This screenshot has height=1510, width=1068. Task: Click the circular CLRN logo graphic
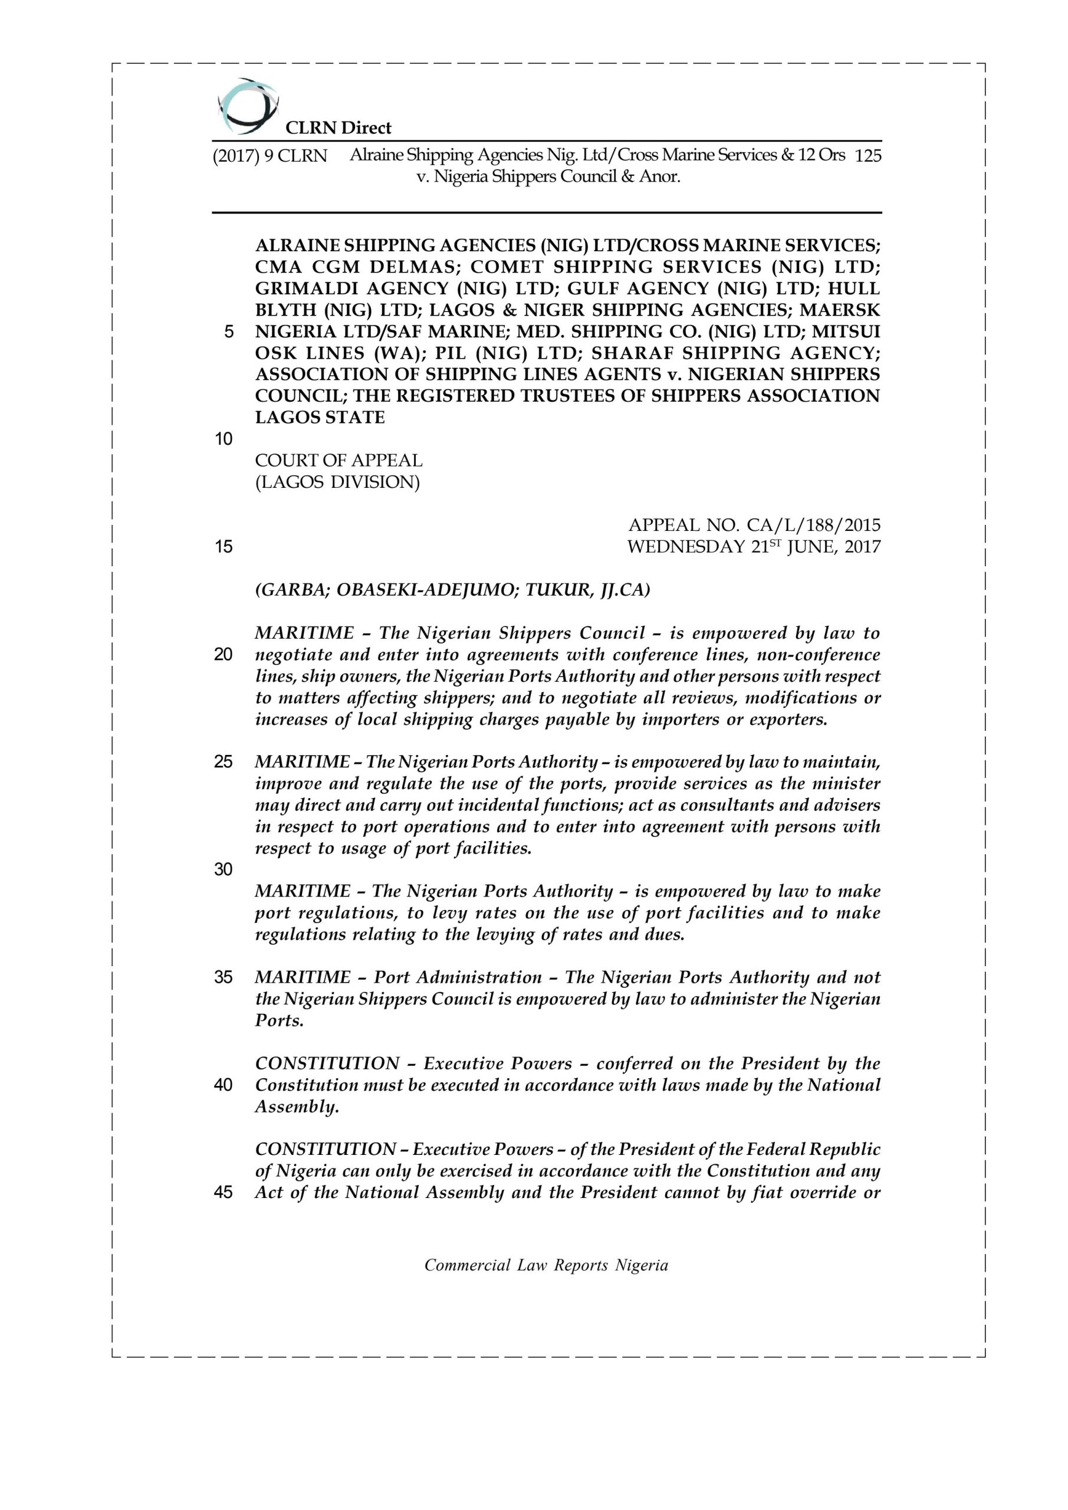(x=247, y=105)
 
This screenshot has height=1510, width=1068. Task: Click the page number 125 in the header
(x=867, y=156)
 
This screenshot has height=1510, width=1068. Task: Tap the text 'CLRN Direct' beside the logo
(x=338, y=127)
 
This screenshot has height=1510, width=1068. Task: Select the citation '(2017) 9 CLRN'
(x=270, y=156)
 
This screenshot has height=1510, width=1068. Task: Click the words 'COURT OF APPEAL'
(x=339, y=460)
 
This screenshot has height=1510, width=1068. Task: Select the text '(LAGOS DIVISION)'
(x=337, y=482)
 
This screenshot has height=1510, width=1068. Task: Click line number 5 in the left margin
(x=229, y=331)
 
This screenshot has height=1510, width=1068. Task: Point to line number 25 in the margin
(x=224, y=761)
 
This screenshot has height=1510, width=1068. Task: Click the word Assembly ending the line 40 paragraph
(x=297, y=1106)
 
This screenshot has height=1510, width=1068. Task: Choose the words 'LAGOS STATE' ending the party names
(x=320, y=417)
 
